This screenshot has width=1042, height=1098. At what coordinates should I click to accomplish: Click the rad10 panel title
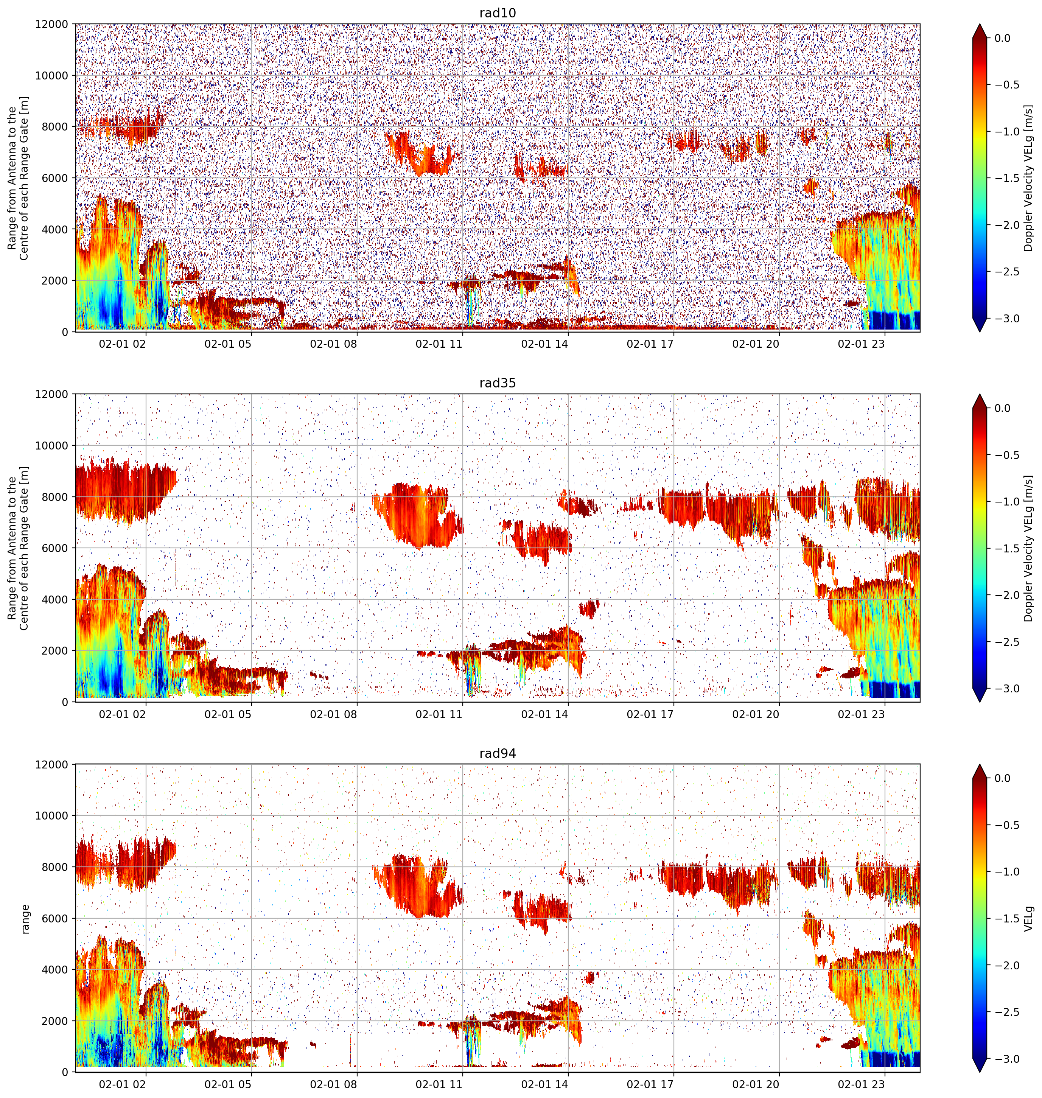click(x=497, y=13)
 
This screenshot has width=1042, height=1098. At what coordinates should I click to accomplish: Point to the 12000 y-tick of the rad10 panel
click(x=52, y=25)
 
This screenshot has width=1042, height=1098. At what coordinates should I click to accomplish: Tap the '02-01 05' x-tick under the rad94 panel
click(x=228, y=1084)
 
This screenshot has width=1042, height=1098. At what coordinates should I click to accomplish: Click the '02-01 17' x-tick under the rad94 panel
click(x=650, y=1084)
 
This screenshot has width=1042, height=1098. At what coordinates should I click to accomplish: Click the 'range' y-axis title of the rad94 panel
click(x=25, y=919)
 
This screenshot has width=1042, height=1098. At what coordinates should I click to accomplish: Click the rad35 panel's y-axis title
click(x=18, y=548)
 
